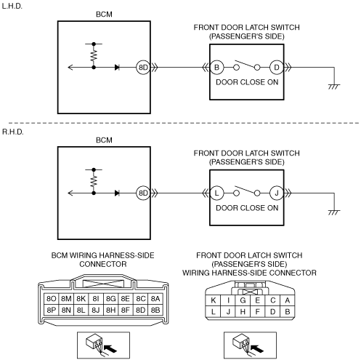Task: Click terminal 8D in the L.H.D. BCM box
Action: coord(143,68)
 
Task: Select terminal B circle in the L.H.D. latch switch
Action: coord(216,68)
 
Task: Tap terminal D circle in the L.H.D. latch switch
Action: coord(277,68)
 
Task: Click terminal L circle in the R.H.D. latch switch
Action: coord(216,193)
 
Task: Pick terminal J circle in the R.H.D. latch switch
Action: coord(277,193)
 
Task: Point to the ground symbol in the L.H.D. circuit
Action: coord(334,87)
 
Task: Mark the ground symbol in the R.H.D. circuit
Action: coord(334,212)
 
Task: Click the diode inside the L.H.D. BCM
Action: coord(117,68)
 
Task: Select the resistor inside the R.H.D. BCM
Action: coord(94,181)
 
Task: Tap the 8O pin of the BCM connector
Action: coord(51,299)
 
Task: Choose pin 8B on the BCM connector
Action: coord(155,310)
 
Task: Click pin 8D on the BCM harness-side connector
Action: coord(140,310)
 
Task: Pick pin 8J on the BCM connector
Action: coord(96,310)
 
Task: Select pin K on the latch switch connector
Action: coord(214,300)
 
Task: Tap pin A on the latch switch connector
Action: coord(288,300)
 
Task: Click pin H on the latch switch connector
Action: coord(243,311)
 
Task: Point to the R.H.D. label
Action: coord(13,132)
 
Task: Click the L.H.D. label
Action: coord(12,6)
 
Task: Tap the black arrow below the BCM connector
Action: coord(110,348)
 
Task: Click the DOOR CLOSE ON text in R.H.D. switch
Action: coord(247,208)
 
